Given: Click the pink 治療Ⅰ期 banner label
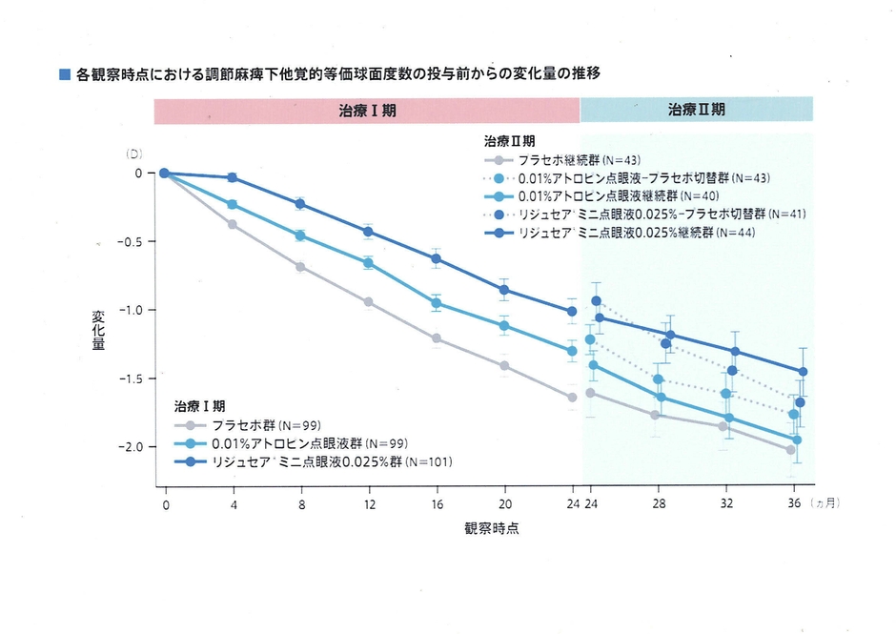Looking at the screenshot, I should point(367,110).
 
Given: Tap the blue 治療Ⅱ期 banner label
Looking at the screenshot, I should point(696,110).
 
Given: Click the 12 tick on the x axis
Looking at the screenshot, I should point(368,502).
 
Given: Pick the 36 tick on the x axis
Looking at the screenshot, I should point(793,502).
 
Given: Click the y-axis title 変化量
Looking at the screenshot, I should point(98,329).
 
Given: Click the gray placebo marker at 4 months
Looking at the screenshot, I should point(232,224).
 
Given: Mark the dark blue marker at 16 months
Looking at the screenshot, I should point(437,258).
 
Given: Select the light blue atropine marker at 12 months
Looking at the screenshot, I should point(368,263).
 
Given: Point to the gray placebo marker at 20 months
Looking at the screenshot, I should point(504,366).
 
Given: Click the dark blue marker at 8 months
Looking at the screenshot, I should point(300,204).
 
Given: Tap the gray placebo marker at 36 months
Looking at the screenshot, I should point(791,450).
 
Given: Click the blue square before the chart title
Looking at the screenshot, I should point(65,73).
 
